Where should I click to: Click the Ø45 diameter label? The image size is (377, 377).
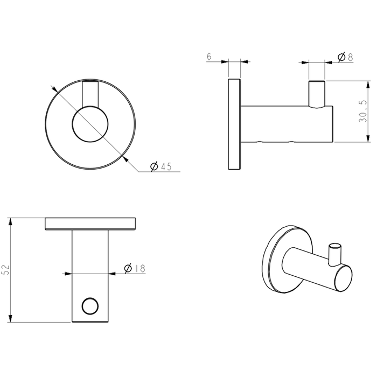(x=160, y=167)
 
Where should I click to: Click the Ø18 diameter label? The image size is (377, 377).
(x=135, y=268)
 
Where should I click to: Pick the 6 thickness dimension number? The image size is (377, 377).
(x=208, y=57)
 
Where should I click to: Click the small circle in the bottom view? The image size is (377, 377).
(x=90, y=306)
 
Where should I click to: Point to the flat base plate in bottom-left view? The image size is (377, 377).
(x=91, y=224)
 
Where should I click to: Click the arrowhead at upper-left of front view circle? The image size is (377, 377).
(x=53, y=87)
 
